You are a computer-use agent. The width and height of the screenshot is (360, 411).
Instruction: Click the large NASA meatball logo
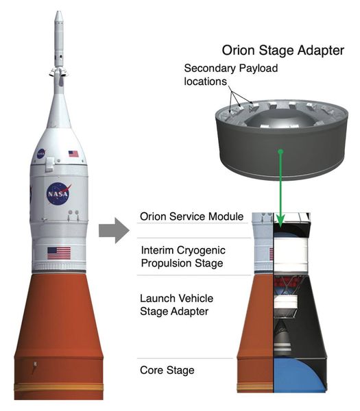(x=59, y=193)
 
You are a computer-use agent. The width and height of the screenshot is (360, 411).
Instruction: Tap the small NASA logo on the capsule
(x=41, y=153)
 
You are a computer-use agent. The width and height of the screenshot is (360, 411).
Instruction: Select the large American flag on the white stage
(x=59, y=253)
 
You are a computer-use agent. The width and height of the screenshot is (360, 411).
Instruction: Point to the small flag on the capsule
(x=73, y=153)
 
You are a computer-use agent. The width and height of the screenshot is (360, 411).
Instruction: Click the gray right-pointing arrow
(x=114, y=231)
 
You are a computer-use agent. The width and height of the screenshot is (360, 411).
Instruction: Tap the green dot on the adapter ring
(x=280, y=151)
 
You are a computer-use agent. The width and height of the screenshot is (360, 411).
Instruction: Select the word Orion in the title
(x=239, y=50)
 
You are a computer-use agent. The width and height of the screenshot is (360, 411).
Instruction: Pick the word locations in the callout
(x=205, y=82)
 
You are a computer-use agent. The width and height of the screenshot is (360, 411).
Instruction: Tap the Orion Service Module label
(x=191, y=216)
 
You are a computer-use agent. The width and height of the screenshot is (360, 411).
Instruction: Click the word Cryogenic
(x=201, y=251)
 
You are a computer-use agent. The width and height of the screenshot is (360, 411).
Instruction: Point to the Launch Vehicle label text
(x=177, y=298)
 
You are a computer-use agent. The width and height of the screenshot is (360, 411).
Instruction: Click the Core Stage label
(x=167, y=370)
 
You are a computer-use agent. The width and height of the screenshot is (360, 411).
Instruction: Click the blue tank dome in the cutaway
(x=299, y=375)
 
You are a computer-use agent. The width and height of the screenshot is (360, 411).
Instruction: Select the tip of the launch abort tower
(x=59, y=12)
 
